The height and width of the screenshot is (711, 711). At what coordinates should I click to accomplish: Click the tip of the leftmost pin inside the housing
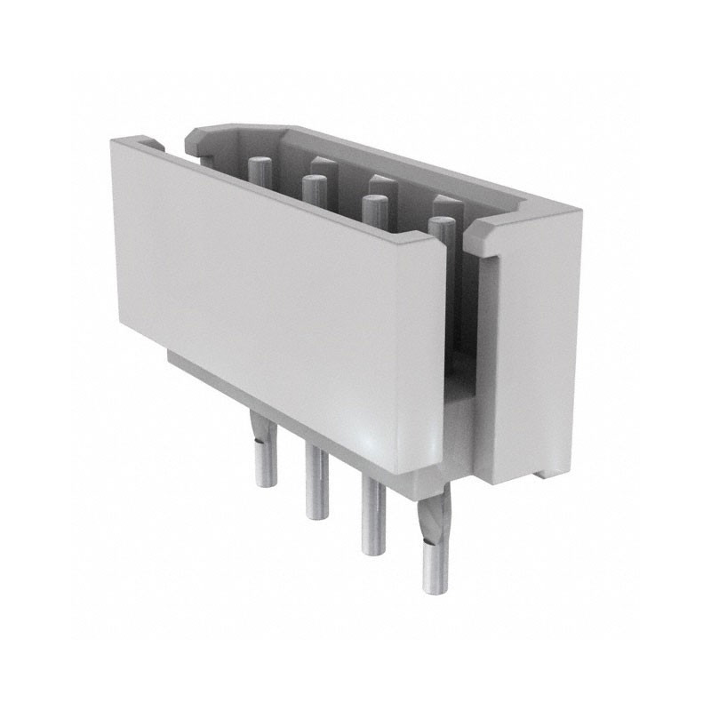point(259,164)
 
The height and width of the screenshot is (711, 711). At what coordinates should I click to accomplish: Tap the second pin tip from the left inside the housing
point(313,182)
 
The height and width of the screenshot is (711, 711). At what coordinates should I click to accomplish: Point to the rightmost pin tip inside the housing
point(441,223)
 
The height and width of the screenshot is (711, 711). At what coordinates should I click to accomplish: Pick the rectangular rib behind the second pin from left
point(324,165)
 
